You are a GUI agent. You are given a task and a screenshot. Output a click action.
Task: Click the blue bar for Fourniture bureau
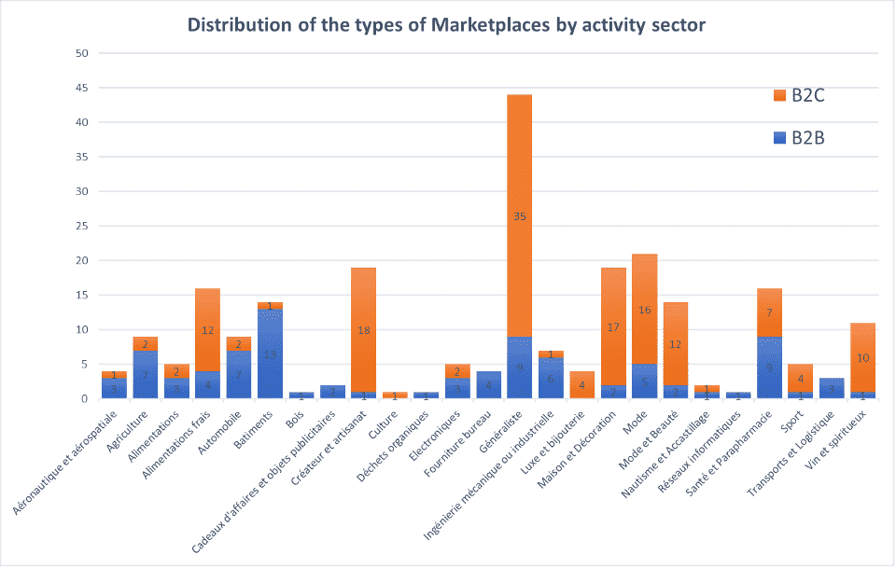tap(488, 385)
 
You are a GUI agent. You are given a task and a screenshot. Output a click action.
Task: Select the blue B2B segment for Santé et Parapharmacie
tap(769, 368)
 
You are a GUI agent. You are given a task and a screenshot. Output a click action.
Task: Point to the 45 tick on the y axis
tap(82, 88)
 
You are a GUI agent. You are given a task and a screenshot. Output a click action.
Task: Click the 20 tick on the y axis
tap(82, 260)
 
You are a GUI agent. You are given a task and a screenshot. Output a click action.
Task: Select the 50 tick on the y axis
tap(82, 53)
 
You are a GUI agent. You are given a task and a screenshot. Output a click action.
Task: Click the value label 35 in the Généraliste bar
tap(520, 216)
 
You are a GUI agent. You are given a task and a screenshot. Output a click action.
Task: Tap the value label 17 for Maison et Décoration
tap(613, 327)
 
